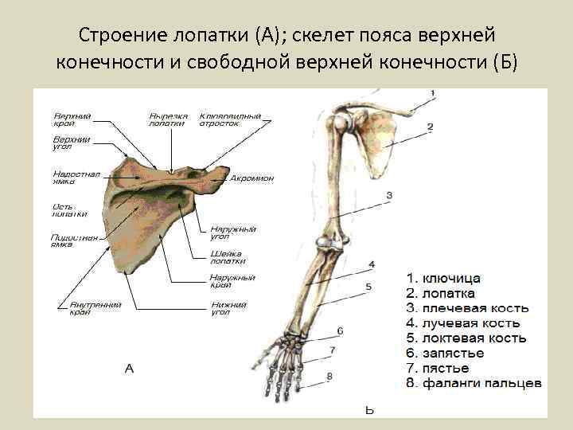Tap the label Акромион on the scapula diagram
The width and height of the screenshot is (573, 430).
(x=251, y=178)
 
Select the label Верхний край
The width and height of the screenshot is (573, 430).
(x=72, y=119)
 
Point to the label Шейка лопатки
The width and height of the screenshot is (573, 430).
(x=228, y=257)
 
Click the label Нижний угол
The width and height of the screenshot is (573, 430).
(x=228, y=308)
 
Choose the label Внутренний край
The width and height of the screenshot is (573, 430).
(x=80, y=308)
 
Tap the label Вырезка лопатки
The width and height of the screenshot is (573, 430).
(x=169, y=119)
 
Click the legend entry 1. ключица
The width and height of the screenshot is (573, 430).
(x=442, y=279)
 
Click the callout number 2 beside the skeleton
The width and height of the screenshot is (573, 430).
(x=430, y=127)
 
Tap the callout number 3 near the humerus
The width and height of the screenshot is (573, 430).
(x=389, y=195)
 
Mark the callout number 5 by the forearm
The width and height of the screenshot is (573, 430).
(x=368, y=286)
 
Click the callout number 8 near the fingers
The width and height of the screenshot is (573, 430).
(x=329, y=376)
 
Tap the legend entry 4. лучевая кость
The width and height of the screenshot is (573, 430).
(x=463, y=323)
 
